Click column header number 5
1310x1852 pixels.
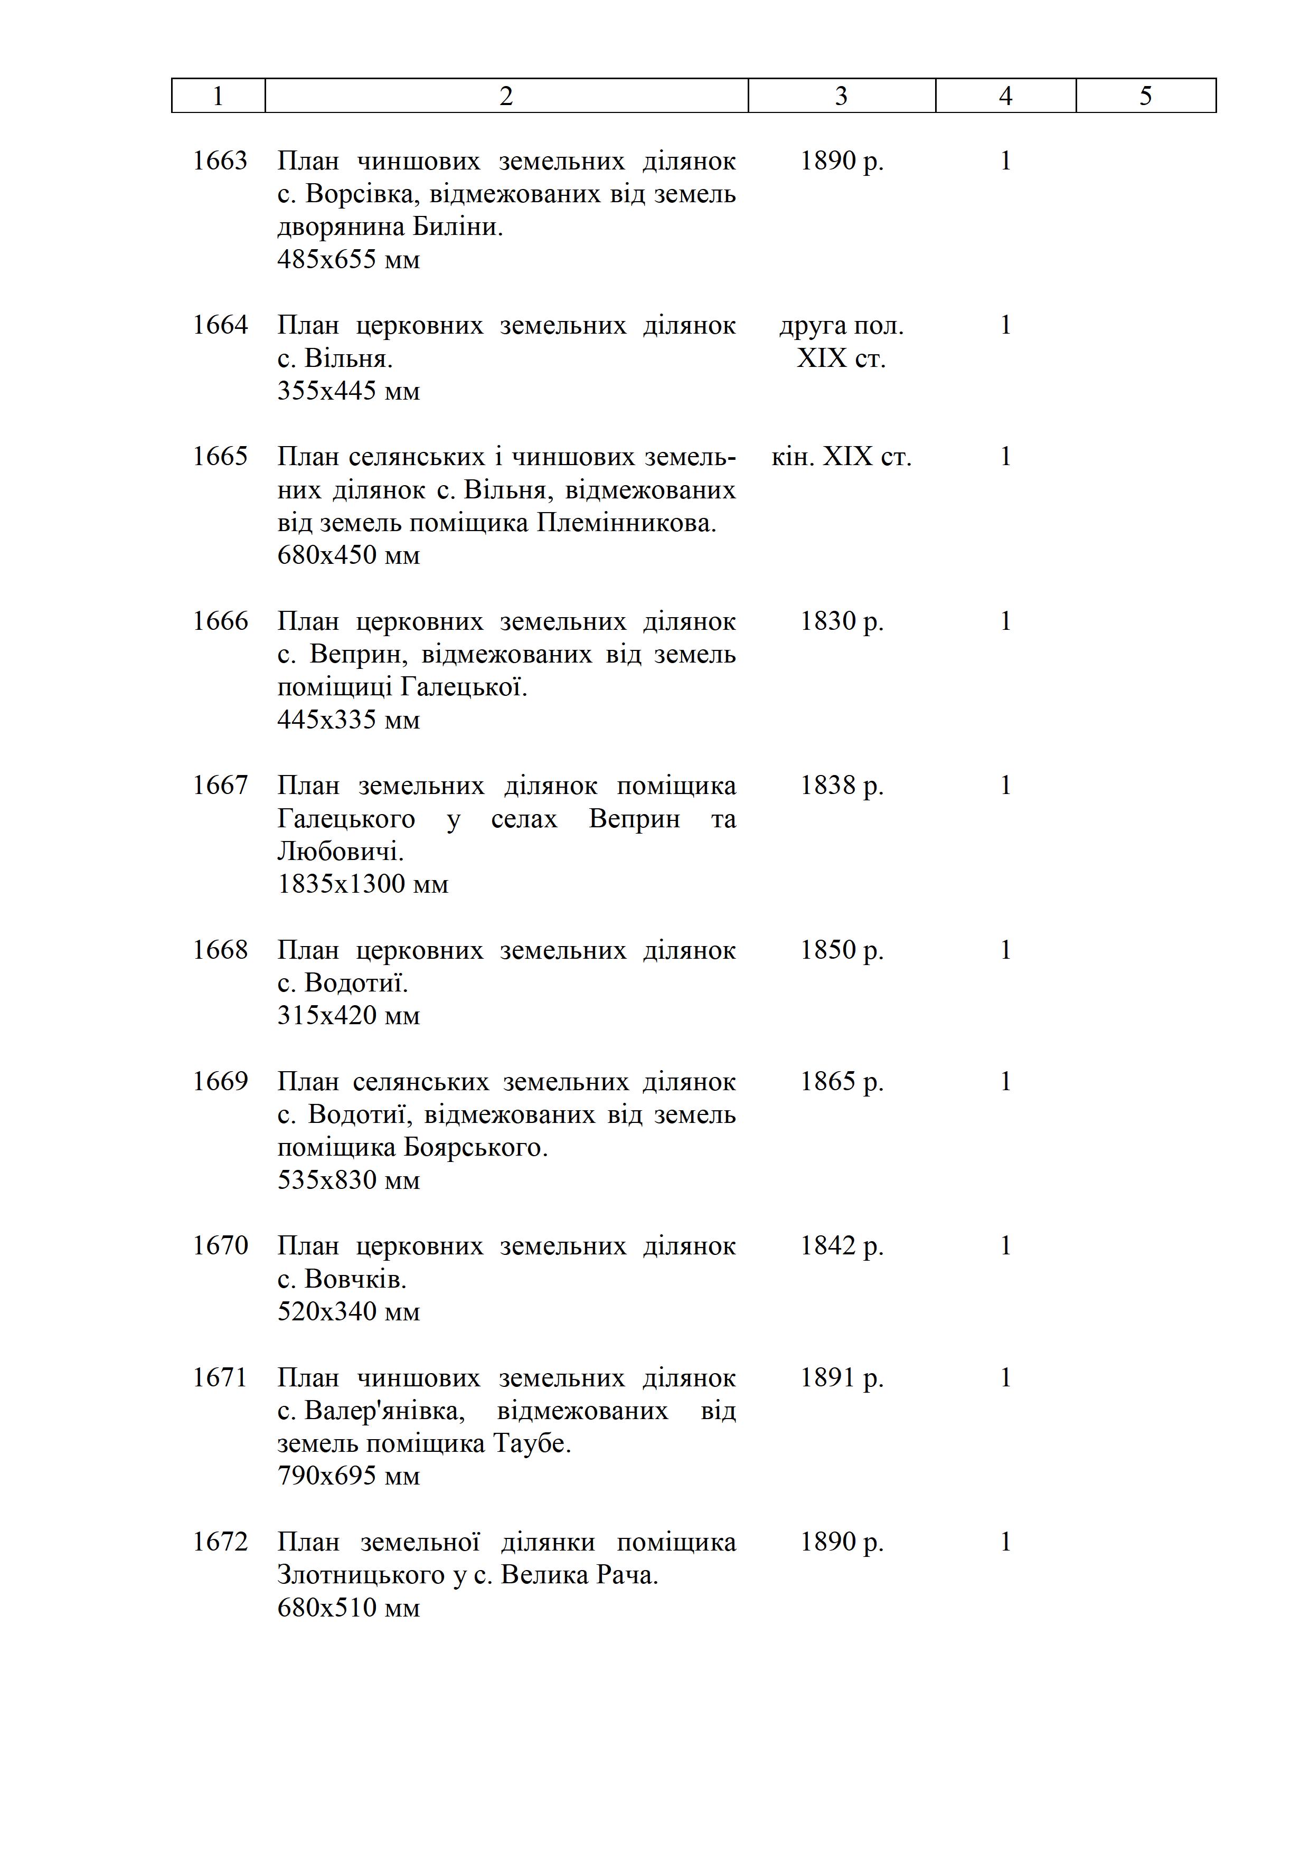click(1145, 96)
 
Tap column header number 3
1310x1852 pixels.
click(841, 96)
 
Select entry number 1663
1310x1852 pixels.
click(220, 162)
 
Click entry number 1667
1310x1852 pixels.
click(220, 786)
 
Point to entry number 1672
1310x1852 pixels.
click(220, 1542)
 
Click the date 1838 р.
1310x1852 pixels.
click(841, 786)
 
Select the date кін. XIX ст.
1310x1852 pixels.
click(841, 457)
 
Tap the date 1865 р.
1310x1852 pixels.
click(841, 1082)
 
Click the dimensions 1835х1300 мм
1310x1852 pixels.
click(362, 885)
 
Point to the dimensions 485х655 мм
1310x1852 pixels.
click(348, 260)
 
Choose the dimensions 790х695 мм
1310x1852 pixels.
click(348, 1476)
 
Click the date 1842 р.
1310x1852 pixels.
click(841, 1246)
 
